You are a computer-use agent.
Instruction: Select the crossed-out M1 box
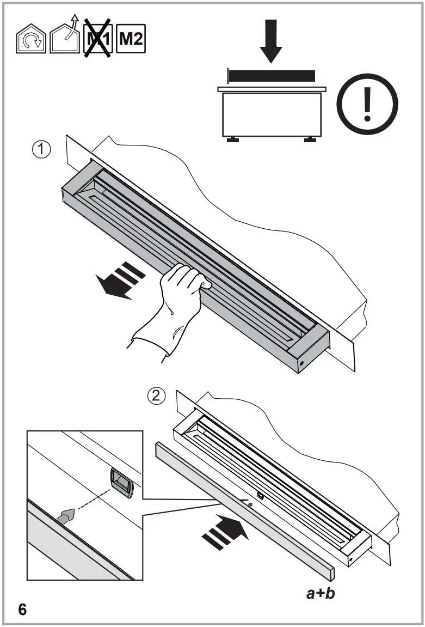pyautogui.click(x=98, y=39)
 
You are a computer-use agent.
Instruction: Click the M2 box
pyautogui.click(x=132, y=39)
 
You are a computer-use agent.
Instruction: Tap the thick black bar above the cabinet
pyautogui.click(x=272, y=75)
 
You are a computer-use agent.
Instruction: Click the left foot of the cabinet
pyautogui.click(x=233, y=140)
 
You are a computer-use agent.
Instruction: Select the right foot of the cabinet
pyautogui.click(x=310, y=140)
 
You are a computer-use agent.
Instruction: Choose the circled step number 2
pyautogui.click(x=157, y=397)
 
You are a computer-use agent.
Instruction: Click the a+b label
pyautogui.click(x=320, y=593)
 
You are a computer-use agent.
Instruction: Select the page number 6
pyautogui.click(x=22, y=610)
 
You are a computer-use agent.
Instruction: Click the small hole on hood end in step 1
pyautogui.click(x=301, y=363)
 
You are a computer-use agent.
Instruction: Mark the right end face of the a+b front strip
pyautogui.click(x=331, y=574)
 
